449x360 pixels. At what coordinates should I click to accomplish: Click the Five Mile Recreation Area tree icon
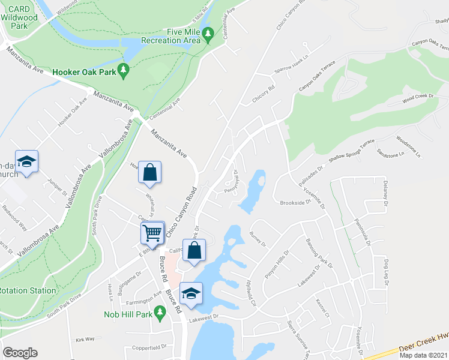coord(208,35)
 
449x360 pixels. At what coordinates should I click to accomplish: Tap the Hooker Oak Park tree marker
coord(124,71)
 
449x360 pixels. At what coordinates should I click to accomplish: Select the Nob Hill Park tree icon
coord(160,312)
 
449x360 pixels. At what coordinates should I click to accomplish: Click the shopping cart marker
coord(153,232)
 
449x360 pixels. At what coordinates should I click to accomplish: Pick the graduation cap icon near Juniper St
coord(26,162)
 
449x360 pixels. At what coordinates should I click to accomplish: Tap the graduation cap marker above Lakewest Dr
coord(191,294)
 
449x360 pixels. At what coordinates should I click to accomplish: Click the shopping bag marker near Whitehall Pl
coord(149,172)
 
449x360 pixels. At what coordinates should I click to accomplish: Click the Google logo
coord(20,353)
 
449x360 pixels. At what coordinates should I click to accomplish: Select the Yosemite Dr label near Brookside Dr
coord(315,197)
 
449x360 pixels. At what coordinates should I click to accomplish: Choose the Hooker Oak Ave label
coord(72,113)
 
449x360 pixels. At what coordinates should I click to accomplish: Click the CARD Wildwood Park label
coord(20,18)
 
